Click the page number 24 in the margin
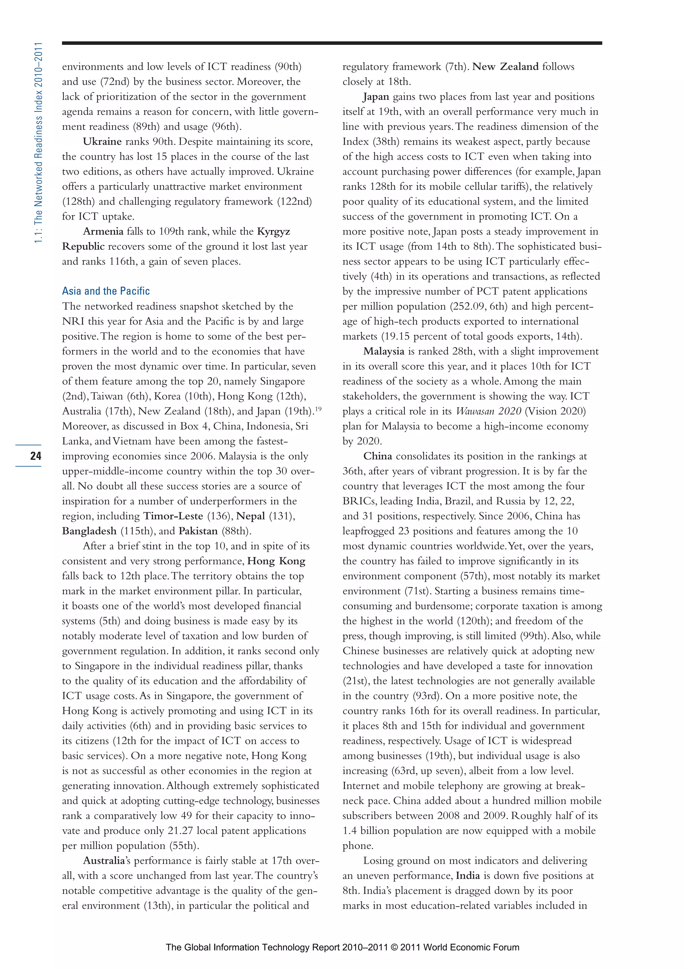click(x=35, y=455)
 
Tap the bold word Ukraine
click(x=102, y=142)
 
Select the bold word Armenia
click(x=103, y=231)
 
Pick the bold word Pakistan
click(x=198, y=531)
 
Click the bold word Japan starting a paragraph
click(x=376, y=97)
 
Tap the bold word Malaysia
click(x=384, y=352)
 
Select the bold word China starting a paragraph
click(x=378, y=456)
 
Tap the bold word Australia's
click(x=107, y=861)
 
